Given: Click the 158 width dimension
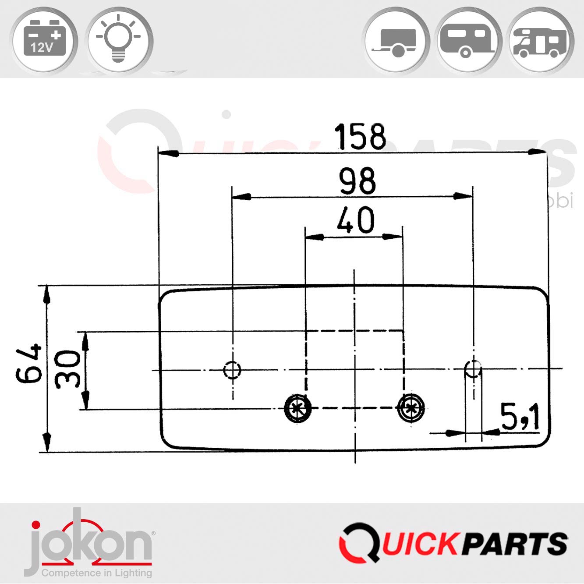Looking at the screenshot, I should point(360,137).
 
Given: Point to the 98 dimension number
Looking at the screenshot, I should point(357,181).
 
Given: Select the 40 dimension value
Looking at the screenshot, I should point(355,220).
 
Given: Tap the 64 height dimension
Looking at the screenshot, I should point(29,363).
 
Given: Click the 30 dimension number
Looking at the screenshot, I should point(68,369).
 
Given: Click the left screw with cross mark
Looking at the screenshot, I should point(298,408).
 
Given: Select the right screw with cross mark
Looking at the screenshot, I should point(411,408).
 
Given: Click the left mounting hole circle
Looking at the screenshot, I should point(232,369).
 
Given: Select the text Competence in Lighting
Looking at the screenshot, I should point(96,573).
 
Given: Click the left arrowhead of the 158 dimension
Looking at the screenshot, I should point(169,153).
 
